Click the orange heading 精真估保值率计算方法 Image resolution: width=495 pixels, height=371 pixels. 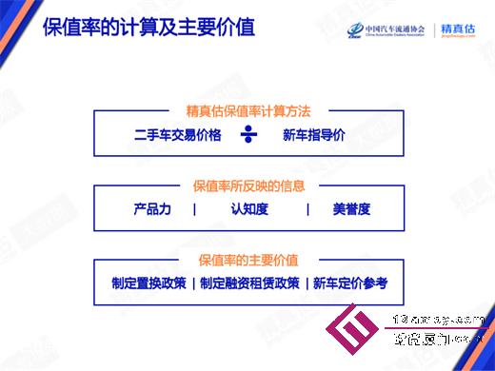[x=248, y=111]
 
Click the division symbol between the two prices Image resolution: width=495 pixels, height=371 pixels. [x=248, y=135]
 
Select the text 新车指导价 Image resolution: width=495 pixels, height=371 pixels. [x=313, y=135]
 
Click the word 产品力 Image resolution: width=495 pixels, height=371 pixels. [x=152, y=209]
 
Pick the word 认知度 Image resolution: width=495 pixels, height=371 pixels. [x=249, y=209]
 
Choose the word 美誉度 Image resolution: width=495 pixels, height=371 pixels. [x=351, y=209]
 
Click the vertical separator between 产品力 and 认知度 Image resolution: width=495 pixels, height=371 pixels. [x=194, y=209]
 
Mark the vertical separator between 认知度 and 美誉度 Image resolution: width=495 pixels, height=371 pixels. [x=307, y=209]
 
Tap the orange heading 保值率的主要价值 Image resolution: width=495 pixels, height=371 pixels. [x=248, y=259]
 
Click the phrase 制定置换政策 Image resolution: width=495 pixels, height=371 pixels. [x=148, y=283]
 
